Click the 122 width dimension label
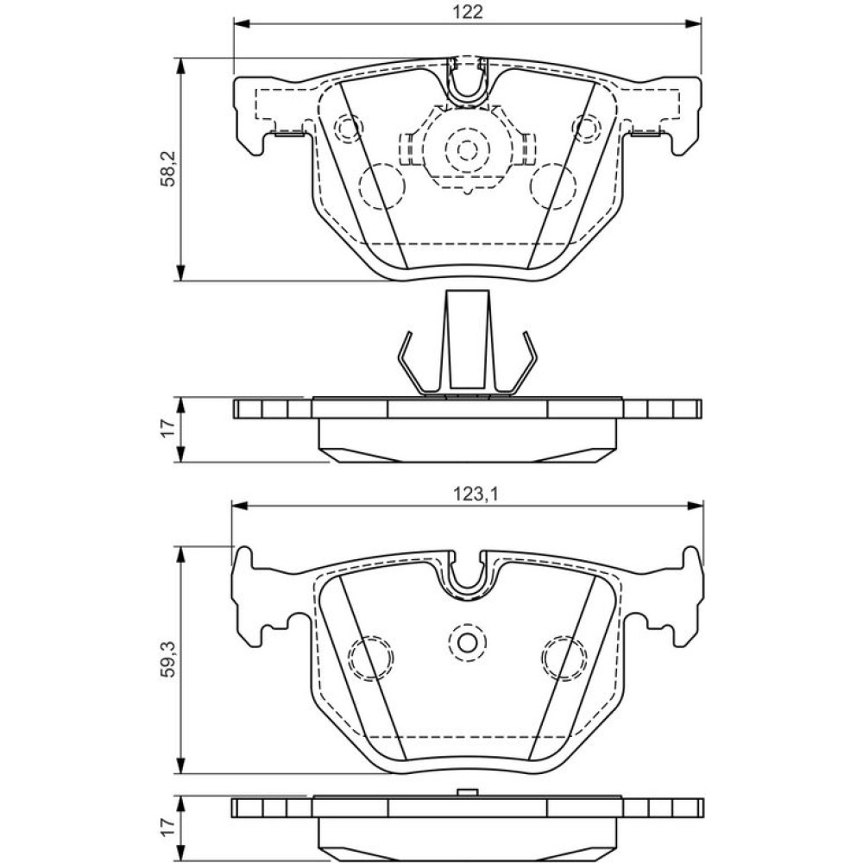469,11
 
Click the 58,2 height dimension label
169,169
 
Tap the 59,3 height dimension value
169,658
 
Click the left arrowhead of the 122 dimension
243,23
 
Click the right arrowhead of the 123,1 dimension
695,505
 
